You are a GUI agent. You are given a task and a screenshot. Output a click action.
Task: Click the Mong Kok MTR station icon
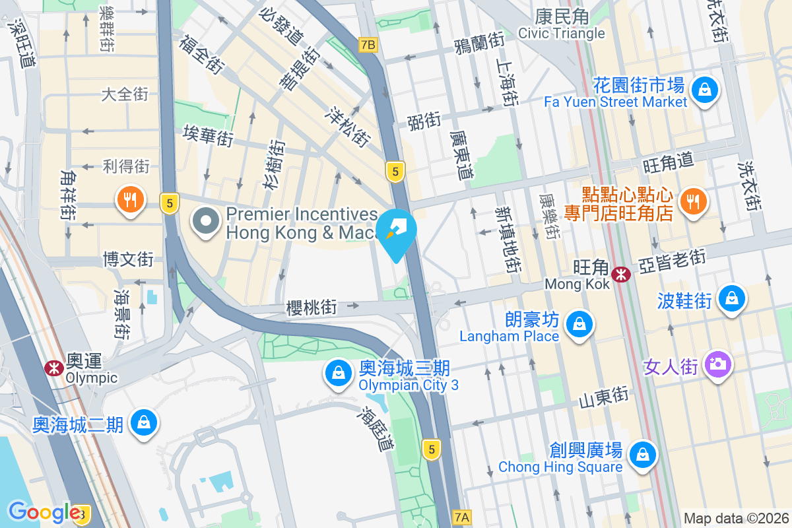[620, 274]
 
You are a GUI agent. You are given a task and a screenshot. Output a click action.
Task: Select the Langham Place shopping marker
[578, 324]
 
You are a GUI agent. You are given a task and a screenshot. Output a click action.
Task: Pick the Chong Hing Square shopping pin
[641, 453]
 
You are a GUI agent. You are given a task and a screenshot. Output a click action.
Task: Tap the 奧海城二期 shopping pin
[143, 422]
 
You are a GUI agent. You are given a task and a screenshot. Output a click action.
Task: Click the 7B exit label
[368, 45]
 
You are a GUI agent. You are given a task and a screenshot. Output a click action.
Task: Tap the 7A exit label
[463, 517]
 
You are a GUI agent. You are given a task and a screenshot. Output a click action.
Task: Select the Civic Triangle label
[561, 33]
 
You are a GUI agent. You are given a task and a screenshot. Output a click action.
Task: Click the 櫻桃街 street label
[312, 308]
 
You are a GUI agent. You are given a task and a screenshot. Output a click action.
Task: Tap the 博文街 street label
[128, 259]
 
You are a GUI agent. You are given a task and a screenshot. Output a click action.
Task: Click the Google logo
[44, 512]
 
